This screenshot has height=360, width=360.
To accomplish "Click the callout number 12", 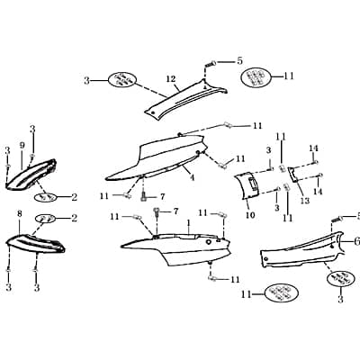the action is [171, 79].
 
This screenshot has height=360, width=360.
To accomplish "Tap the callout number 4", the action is [192, 178].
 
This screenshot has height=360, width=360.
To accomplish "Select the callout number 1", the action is [188, 223].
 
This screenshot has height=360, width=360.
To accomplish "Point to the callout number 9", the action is [22, 146].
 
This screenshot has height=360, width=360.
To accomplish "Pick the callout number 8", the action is [20, 214].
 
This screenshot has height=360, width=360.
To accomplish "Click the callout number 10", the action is [250, 215].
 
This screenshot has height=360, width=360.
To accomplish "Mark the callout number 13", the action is [305, 201].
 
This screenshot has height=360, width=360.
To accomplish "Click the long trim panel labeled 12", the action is [185, 97].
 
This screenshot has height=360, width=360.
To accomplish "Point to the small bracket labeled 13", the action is [293, 175].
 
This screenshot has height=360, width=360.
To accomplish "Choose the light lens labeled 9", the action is [31, 175].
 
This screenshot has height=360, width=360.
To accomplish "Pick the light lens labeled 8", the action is [36, 243].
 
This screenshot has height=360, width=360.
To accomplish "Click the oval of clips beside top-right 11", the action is [256, 77].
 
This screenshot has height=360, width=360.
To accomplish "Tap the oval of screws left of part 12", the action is [122, 80].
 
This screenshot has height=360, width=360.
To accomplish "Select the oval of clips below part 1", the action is [282, 292].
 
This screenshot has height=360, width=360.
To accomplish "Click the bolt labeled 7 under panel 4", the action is [144, 197].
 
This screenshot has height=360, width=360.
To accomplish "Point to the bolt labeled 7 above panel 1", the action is [157, 212].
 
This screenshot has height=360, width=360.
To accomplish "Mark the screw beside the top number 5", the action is [210, 64].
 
